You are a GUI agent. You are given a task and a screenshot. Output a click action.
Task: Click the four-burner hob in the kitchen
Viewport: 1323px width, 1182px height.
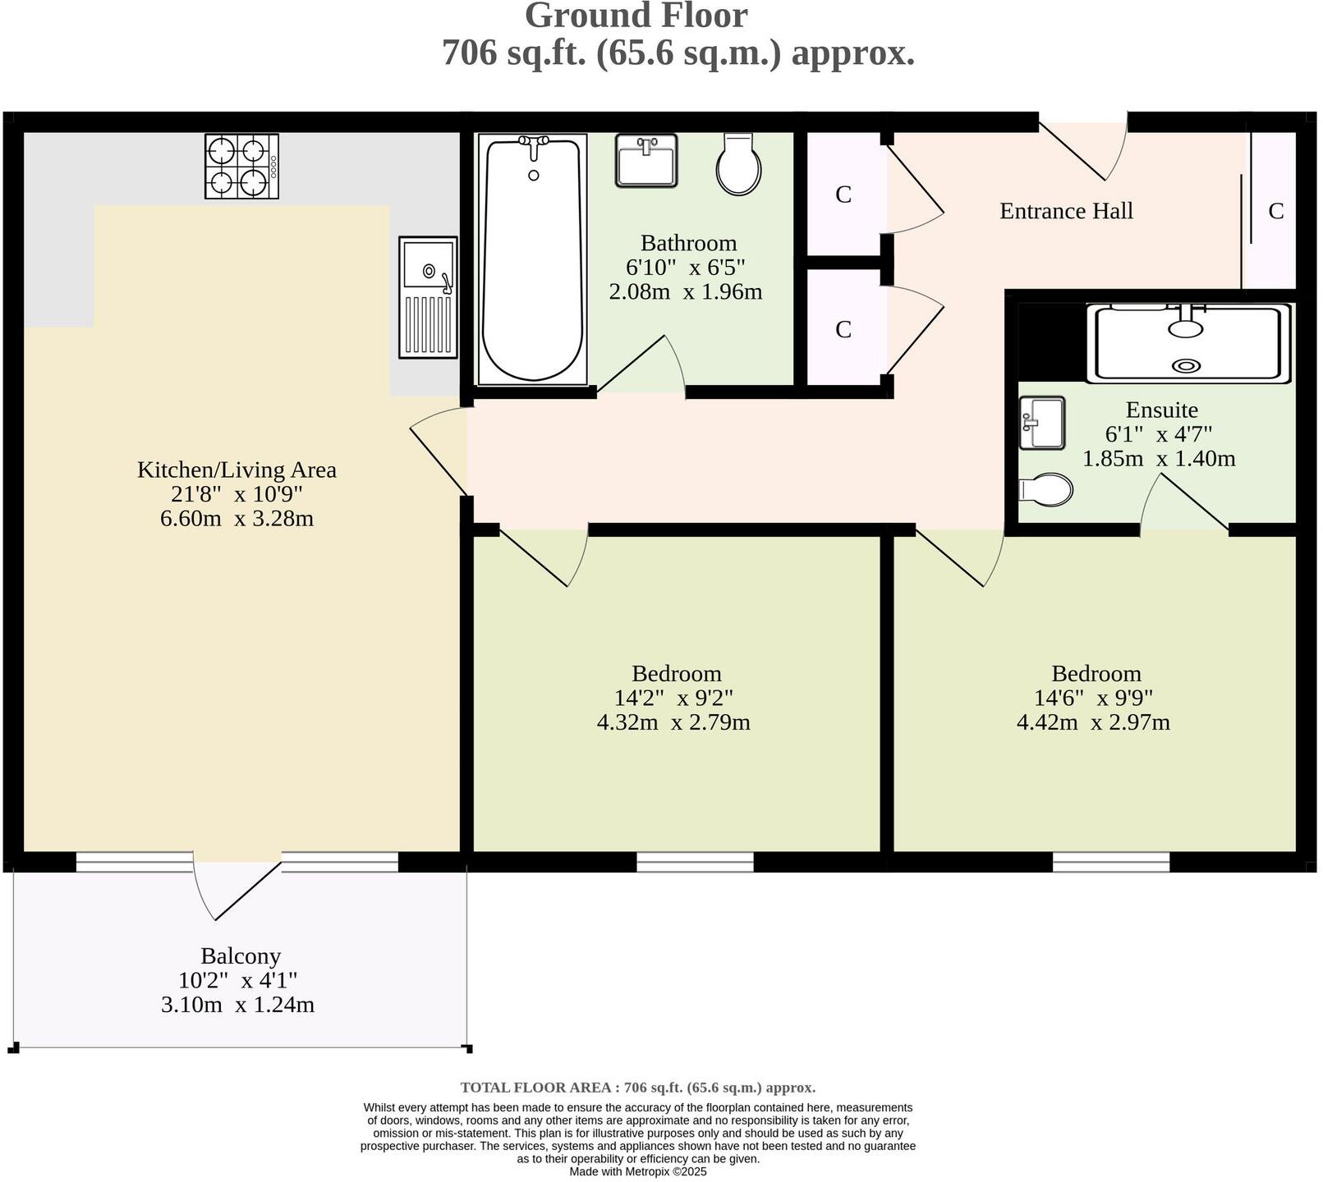241,167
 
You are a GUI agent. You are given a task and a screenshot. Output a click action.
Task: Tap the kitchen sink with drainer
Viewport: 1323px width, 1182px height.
428,297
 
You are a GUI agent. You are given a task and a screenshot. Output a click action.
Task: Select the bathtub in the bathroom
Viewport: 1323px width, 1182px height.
533,259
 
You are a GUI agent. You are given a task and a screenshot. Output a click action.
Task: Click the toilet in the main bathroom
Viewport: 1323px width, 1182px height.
739,165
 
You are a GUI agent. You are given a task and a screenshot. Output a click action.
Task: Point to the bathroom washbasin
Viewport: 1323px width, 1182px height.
646,161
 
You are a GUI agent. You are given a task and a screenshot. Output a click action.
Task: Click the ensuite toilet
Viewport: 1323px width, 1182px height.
1045,490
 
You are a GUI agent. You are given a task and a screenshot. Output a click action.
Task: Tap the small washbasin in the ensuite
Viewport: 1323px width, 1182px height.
1041,423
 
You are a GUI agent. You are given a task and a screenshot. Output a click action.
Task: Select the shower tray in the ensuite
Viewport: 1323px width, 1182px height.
1187,343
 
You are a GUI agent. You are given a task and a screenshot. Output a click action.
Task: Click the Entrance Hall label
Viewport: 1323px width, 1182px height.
1066,211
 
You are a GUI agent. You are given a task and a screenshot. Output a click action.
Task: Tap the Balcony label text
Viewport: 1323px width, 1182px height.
241,956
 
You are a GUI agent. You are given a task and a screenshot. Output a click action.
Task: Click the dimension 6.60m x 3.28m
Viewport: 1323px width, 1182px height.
237,519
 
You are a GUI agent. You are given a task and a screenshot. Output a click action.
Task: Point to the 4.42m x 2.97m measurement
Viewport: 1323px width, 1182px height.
1093,722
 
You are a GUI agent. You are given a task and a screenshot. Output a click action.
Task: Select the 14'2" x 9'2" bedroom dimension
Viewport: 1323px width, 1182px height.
673,698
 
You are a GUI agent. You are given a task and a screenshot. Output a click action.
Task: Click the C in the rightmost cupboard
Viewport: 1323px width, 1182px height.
1275,212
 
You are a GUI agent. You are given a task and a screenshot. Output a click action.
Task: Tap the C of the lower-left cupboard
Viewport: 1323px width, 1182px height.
843,330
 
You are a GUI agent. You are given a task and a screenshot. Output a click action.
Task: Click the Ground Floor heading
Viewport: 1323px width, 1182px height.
636,16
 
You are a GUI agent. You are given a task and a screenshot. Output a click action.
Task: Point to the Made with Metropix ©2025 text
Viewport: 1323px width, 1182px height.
638,1171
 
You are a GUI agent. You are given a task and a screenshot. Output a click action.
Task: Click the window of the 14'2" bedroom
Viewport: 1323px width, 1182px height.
695,862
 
